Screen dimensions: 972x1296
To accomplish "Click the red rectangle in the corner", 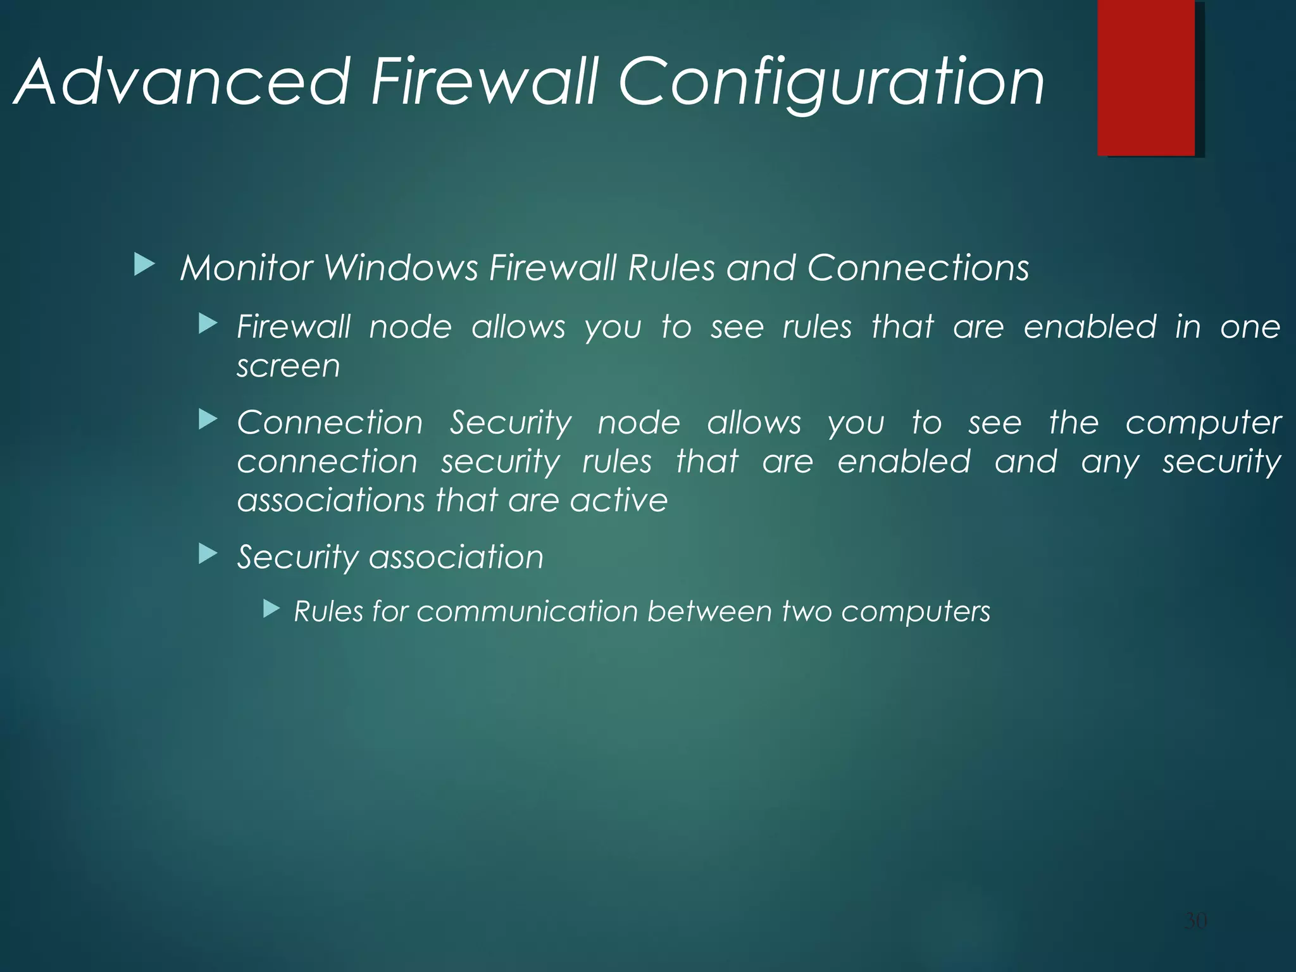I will coord(1146,77).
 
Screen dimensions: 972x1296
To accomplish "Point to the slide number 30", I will coord(1195,920).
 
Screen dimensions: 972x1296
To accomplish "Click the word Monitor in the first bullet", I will coord(247,268).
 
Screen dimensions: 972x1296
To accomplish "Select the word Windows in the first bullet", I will coord(401,268).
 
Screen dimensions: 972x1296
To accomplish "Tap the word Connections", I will coord(918,268).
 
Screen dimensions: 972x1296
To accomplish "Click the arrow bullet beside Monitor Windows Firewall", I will coord(144,265).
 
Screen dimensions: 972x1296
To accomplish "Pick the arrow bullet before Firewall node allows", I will coord(208,325).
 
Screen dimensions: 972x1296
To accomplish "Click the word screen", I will coord(289,367).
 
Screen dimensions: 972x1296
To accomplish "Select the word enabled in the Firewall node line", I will coord(1090,327).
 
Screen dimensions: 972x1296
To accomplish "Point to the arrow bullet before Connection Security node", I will coord(208,420).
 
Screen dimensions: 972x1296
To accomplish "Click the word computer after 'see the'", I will coord(1203,423).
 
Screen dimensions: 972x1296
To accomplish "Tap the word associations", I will coord(331,501).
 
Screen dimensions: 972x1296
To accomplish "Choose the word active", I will coord(619,501).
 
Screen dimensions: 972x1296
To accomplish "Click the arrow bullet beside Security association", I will coord(208,554).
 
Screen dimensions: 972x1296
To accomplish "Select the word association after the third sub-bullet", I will coord(456,558).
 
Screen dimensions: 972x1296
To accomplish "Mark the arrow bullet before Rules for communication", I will coord(271,609).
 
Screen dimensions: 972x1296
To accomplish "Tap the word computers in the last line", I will coord(916,613).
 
